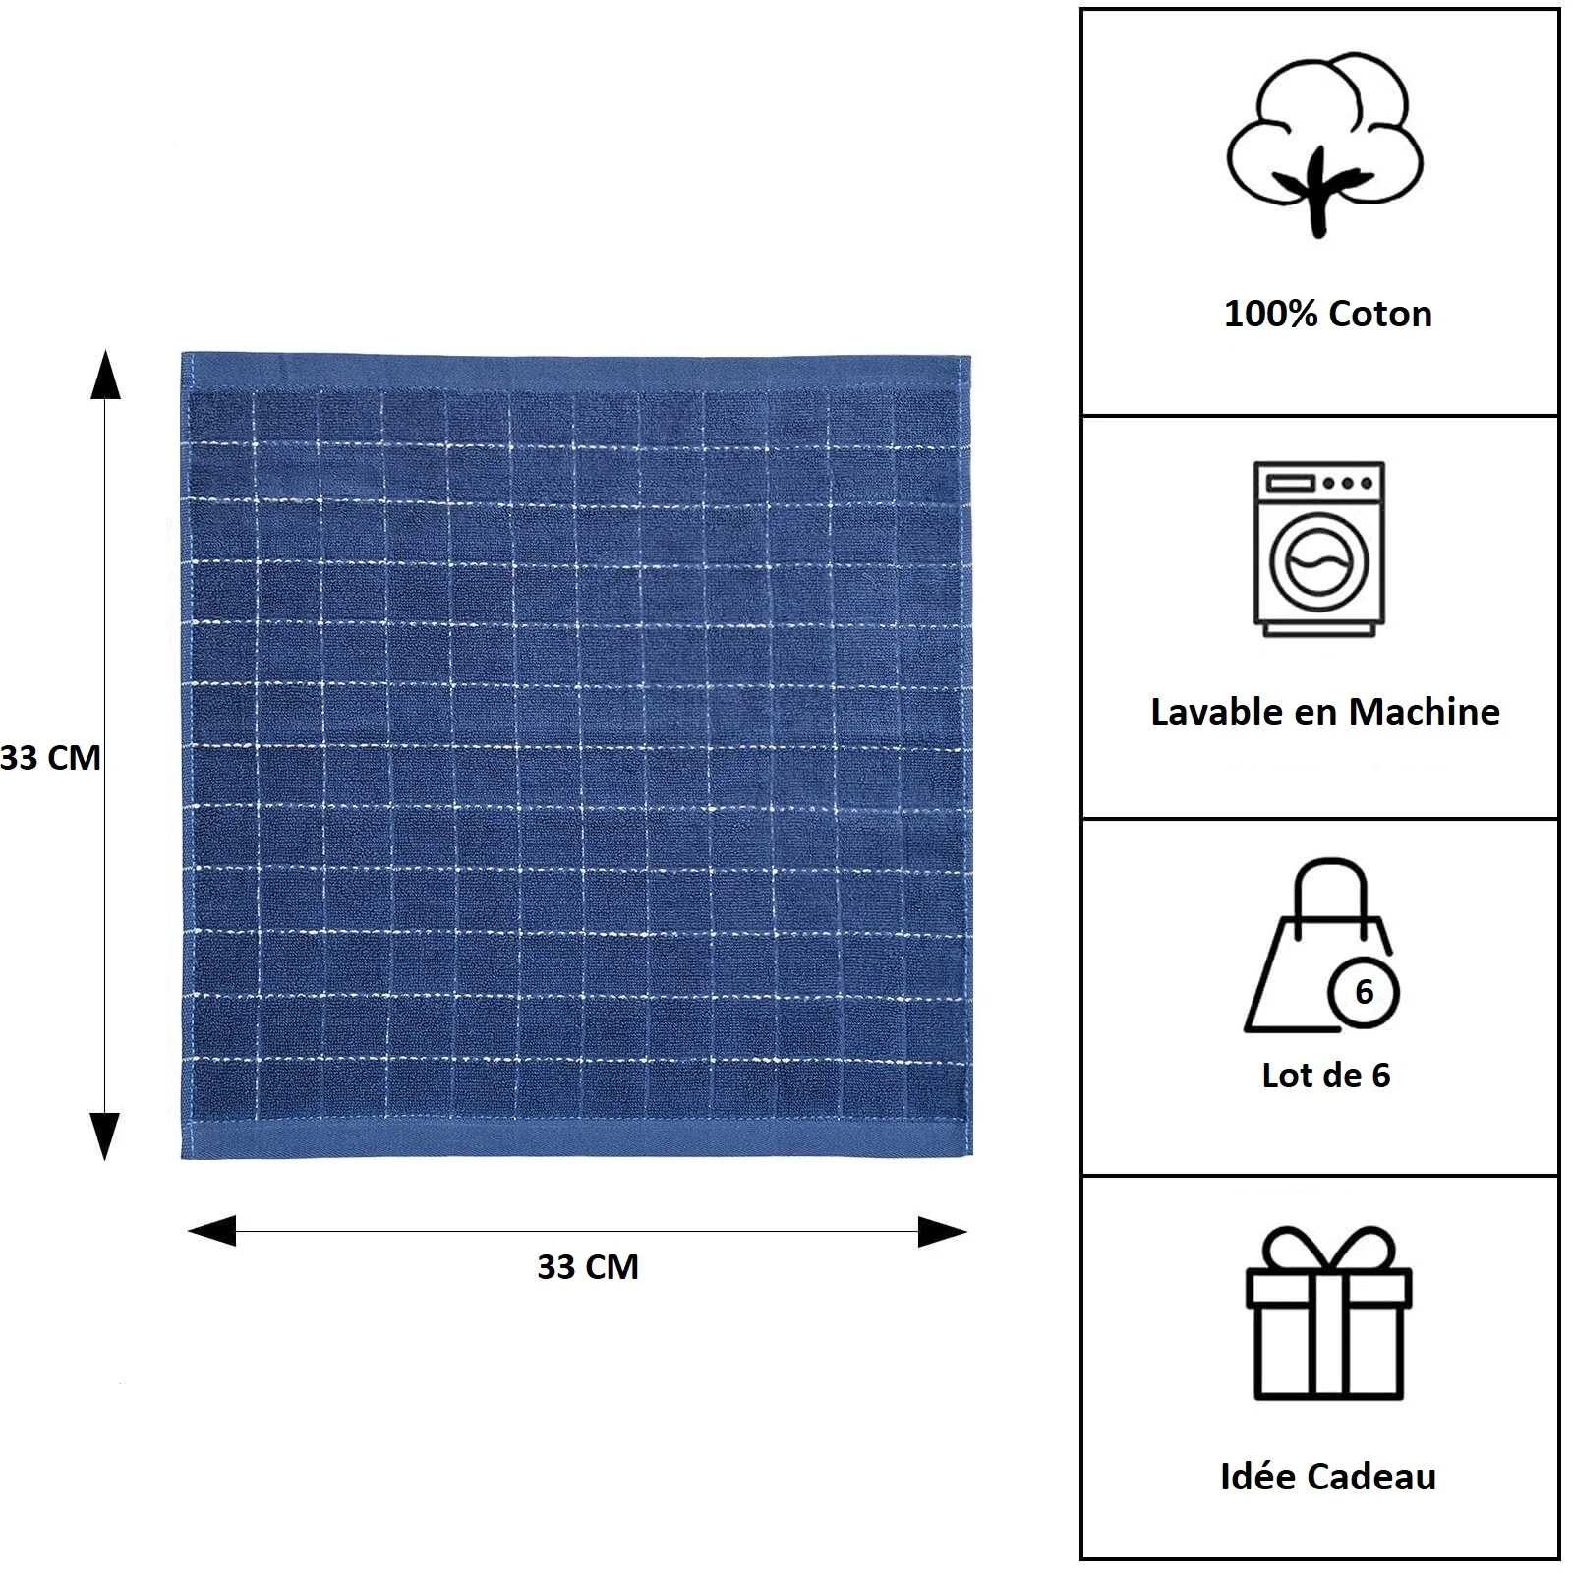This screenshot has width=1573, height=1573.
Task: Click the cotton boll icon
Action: pos(1324,145)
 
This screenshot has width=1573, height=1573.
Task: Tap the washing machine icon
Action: pos(1319,549)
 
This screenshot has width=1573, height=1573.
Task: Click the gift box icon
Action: pos(1328,1312)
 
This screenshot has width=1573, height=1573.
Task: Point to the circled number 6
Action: pos(1364,992)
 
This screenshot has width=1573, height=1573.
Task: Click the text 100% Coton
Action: pos(1328,314)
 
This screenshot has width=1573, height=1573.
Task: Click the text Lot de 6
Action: pos(1326,1075)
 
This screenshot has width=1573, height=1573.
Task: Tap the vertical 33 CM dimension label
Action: pos(50,758)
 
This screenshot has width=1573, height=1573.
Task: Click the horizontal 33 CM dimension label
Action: pos(588,1266)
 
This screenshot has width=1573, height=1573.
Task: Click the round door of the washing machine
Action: pos(1319,563)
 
